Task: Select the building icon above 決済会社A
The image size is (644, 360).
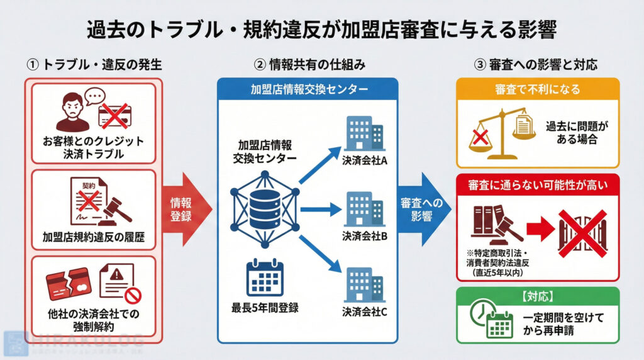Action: (x=364, y=134)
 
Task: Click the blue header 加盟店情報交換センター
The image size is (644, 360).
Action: (x=308, y=89)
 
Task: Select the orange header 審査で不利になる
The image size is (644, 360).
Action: (x=537, y=89)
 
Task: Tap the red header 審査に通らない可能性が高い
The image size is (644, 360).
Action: (x=537, y=185)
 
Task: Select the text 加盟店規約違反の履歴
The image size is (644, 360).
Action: (x=92, y=237)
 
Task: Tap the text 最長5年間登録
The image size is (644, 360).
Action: (x=265, y=308)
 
